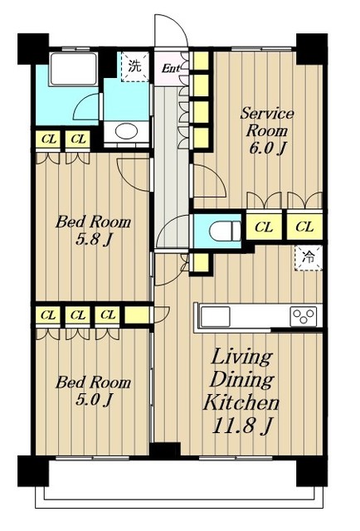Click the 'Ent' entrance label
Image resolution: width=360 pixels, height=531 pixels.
[x=171, y=69]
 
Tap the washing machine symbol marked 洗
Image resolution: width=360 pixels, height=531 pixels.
[x=135, y=66]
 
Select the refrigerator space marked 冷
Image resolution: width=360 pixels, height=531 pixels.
[x=309, y=258]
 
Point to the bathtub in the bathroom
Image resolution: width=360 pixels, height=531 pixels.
[x=74, y=69]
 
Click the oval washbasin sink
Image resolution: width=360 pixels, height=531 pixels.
[x=127, y=131]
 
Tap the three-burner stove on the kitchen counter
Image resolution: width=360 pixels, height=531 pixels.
[x=303, y=316]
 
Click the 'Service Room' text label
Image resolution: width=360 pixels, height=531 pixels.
[x=267, y=122]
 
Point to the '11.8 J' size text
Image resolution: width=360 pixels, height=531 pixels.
[x=242, y=426]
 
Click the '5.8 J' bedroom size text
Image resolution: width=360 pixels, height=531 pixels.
[x=94, y=240]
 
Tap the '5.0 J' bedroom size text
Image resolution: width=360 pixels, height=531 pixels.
[x=94, y=400]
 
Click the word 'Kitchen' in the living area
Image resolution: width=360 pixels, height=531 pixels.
[x=241, y=402]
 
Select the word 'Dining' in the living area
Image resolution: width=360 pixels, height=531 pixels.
[x=242, y=380]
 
